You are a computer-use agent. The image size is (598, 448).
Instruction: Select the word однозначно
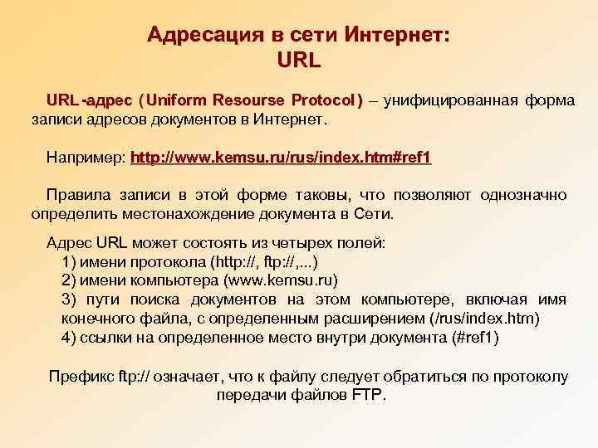pos(522,195)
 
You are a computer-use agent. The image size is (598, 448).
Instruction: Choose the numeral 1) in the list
pos(69,261)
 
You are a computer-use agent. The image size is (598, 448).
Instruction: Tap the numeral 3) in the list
pos(70,299)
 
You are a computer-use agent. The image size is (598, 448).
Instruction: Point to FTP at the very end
pos(366,395)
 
